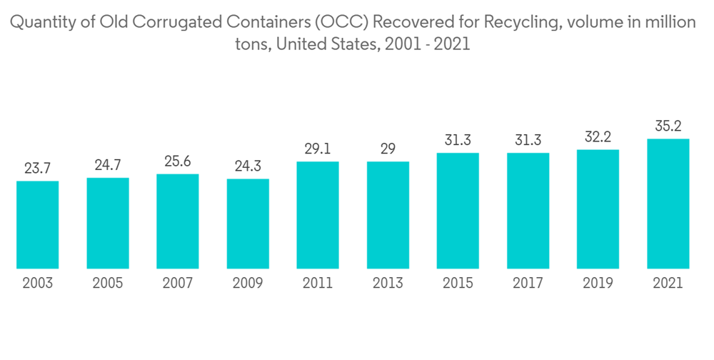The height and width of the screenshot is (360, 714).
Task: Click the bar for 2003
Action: tap(38, 225)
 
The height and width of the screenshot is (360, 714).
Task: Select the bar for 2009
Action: tap(248, 224)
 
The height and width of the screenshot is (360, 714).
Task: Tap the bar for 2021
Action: tap(668, 204)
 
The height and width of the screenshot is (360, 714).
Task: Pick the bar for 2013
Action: tap(388, 215)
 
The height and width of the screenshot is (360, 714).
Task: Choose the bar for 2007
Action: tap(178, 221)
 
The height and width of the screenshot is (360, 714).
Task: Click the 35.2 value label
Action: tap(668, 126)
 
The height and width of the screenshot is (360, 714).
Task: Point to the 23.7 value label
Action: tap(38, 169)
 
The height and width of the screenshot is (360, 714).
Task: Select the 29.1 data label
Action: tap(318, 149)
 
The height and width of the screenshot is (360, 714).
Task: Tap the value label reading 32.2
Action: tap(598, 137)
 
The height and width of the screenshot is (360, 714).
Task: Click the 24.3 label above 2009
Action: tap(248, 166)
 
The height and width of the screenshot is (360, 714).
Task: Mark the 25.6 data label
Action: tap(178, 161)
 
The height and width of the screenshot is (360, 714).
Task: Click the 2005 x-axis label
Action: tap(108, 284)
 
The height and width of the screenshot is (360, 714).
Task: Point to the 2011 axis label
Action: tap(318, 284)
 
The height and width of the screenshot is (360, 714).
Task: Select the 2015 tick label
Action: tap(458, 284)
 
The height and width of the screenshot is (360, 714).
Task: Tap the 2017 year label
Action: tap(528, 284)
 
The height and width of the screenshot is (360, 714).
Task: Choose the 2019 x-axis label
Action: tap(598, 284)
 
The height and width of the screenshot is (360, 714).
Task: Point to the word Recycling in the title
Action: tap(521, 23)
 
